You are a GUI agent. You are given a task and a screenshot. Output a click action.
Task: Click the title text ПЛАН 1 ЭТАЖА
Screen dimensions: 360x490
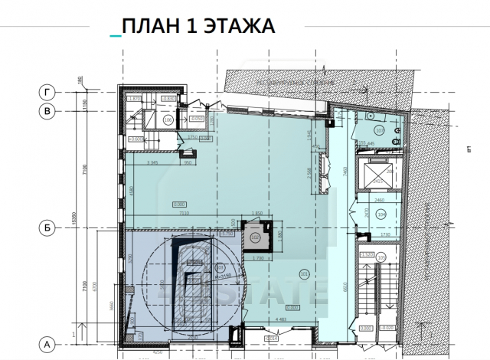198,27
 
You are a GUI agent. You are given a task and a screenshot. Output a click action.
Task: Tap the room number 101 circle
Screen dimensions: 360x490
304,273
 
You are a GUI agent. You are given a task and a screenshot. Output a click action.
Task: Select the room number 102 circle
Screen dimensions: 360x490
256,237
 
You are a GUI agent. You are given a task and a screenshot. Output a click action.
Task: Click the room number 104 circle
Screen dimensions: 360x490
381,215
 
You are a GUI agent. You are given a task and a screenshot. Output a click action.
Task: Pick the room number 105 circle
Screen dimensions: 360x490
381,257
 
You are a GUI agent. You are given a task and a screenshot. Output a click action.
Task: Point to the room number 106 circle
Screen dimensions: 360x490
168,120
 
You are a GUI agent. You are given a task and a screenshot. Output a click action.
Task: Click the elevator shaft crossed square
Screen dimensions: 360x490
377,175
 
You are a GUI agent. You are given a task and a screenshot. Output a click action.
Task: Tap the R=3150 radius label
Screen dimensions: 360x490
223,267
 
